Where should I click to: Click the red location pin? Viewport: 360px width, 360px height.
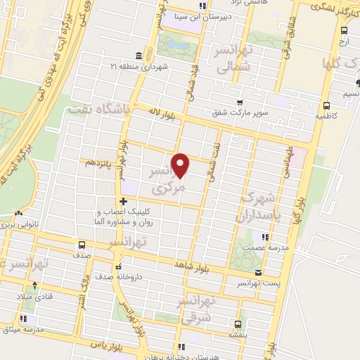[x=181, y=165]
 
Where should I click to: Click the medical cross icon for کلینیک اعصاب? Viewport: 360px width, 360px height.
[x=123, y=202]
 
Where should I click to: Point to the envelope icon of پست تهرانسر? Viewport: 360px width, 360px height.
[x=258, y=272]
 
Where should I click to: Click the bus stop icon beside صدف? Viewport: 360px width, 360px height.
[x=82, y=245]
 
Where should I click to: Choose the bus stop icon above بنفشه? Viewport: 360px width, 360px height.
[x=238, y=324]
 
